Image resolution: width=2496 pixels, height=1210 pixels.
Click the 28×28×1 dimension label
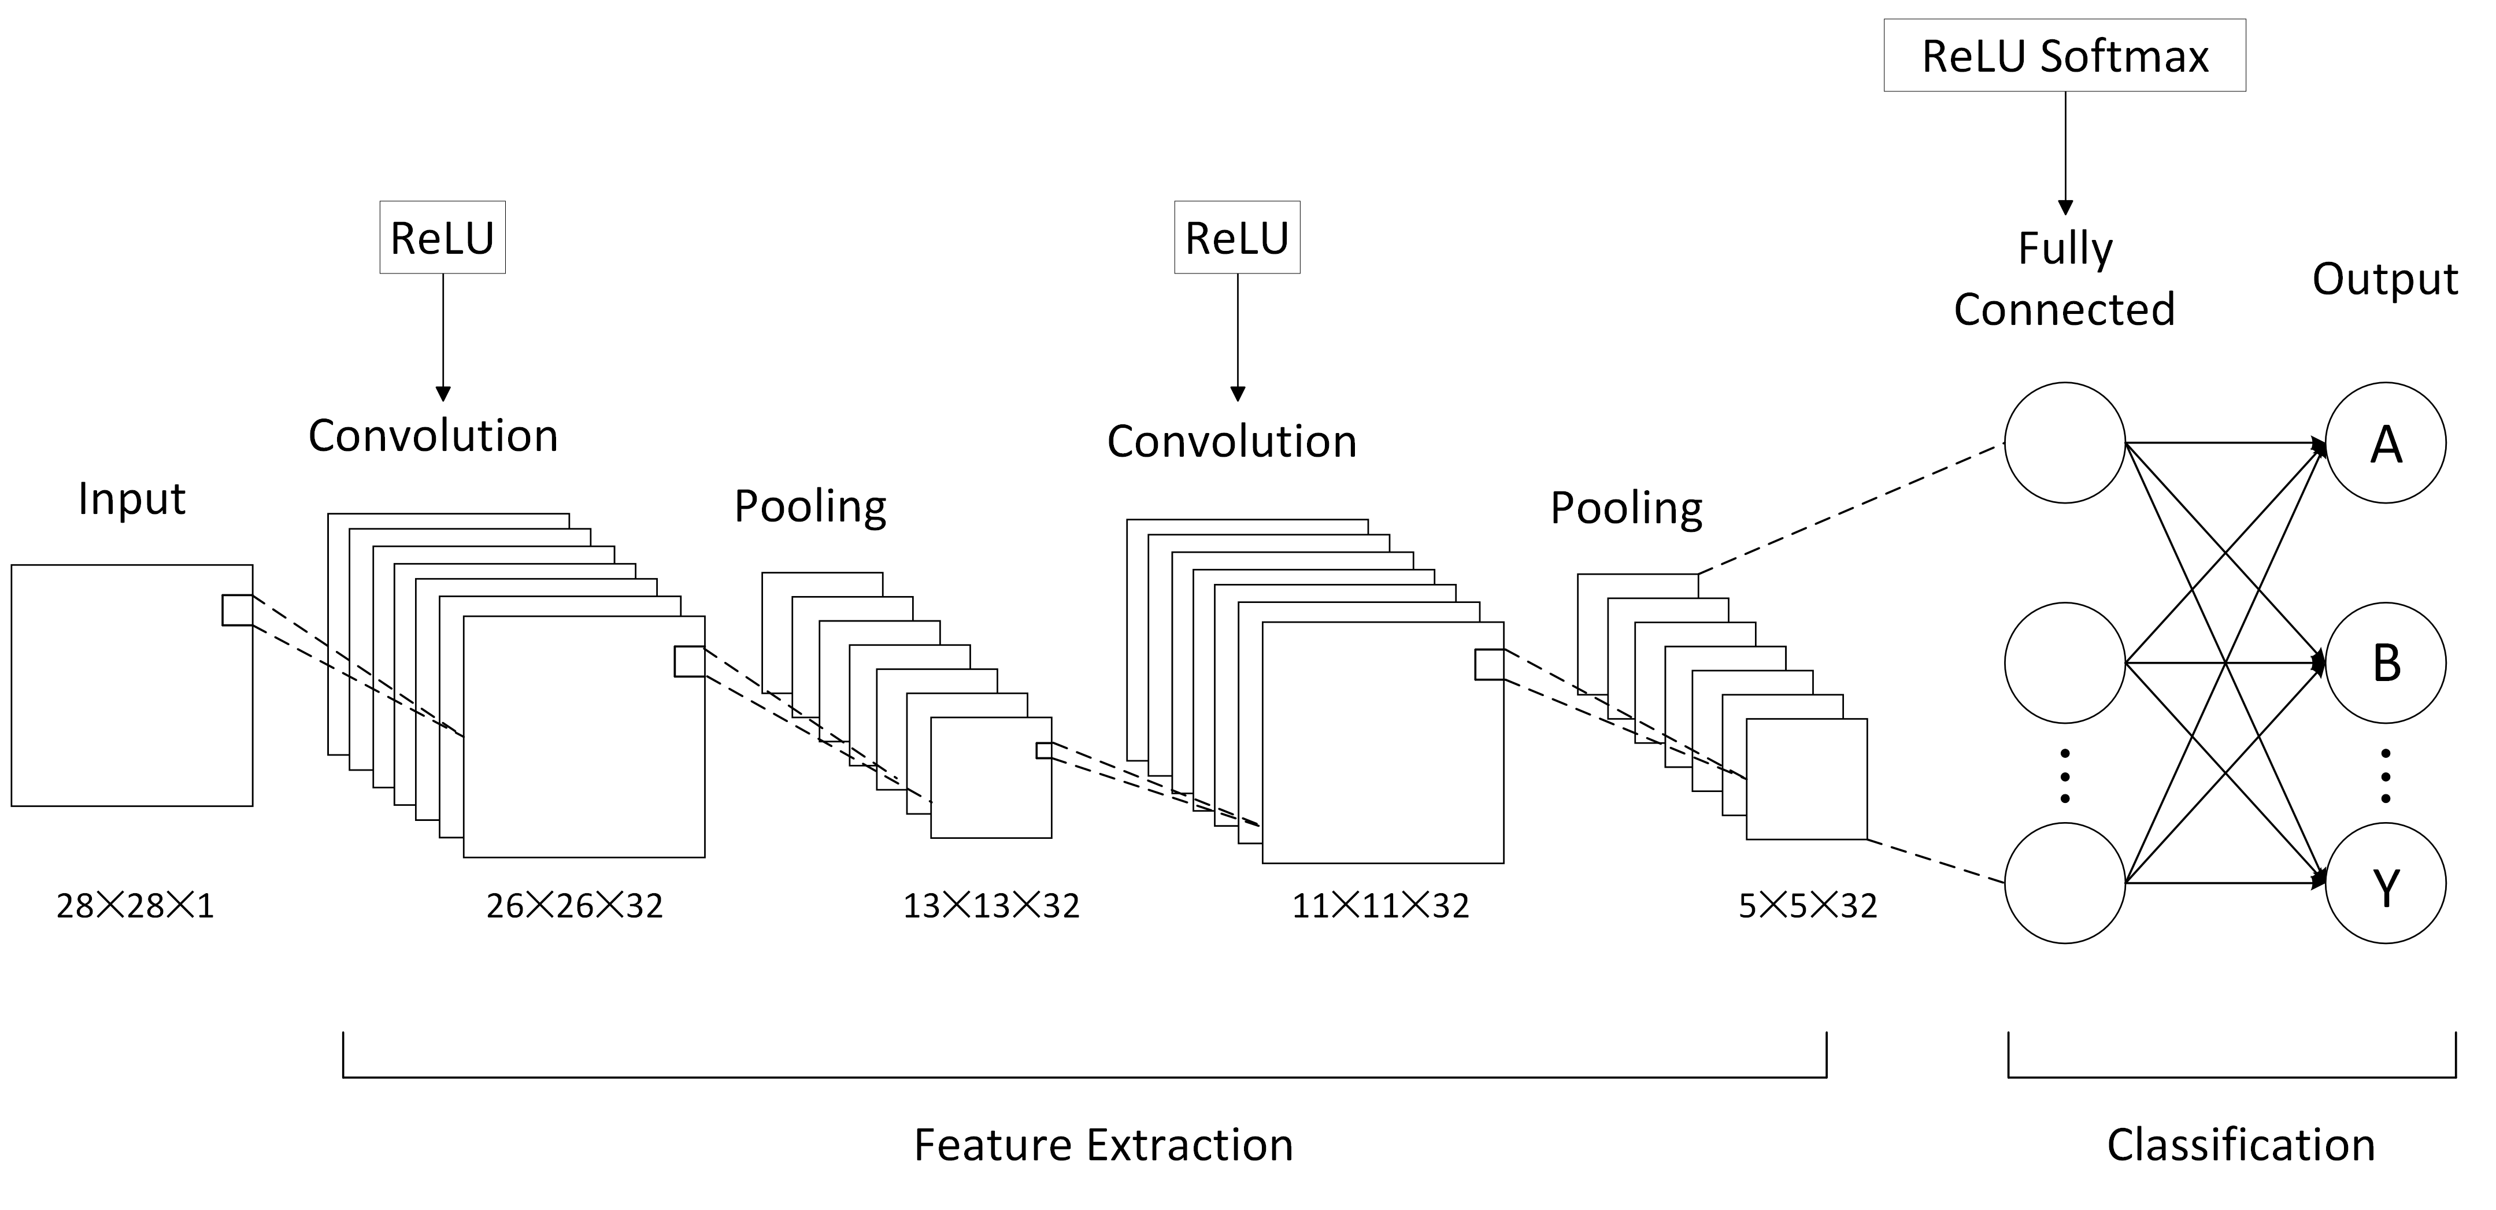tap(135, 906)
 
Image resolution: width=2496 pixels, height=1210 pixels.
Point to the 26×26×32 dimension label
tap(575, 906)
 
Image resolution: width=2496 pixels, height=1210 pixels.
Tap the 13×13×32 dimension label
tap(991, 906)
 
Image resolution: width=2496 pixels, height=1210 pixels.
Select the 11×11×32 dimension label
tap(1381, 906)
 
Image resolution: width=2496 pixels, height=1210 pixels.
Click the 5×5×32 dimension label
tap(1807, 906)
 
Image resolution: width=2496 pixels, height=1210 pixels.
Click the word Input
tap(132, 499)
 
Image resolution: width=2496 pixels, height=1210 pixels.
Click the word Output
tap(2384, 280)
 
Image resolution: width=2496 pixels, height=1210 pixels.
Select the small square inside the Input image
tap(238, 610)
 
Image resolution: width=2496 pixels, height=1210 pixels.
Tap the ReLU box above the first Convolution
tap(443, 238)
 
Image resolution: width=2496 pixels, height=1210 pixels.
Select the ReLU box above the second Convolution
tap(1238, 238)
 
